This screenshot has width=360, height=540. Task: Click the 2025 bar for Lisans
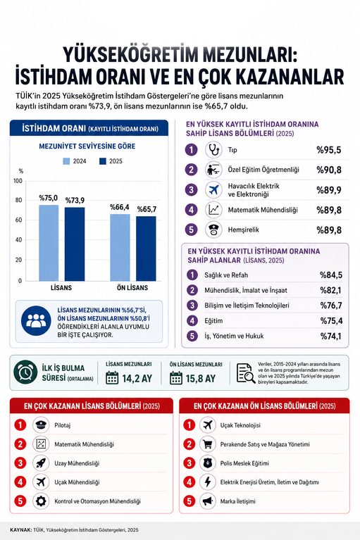coord(75,244)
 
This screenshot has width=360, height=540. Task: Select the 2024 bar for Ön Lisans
coord(120,248)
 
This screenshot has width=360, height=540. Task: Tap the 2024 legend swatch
coord(66,161)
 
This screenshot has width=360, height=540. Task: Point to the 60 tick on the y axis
coord(18,220)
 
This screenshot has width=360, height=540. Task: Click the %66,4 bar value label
coord(120,207)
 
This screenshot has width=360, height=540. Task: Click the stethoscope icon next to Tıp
coord(213,150)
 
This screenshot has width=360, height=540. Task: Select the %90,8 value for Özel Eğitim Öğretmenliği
coord(329,170)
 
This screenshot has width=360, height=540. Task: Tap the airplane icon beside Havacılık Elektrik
coord(213,190)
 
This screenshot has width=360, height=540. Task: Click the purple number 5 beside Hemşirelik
coord(191,230)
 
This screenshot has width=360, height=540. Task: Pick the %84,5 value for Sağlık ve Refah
coord(331,275)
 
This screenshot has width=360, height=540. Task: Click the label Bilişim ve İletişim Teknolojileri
coord(247,306)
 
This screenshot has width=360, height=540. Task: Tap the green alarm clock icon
coord(25,372)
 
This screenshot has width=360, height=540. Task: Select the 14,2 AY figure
coord(137,379)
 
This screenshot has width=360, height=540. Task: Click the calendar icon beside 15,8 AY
coord(176,378)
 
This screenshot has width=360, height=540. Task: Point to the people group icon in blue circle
coord(36,321)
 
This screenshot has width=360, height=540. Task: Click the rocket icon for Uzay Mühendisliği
coord(41,463)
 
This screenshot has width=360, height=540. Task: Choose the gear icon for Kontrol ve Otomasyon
coord(41,501)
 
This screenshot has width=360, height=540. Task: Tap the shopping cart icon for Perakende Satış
coord(207,444)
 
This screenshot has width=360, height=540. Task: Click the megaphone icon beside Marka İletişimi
coord(207,501)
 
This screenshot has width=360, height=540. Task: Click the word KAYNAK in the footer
coord(20,529)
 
